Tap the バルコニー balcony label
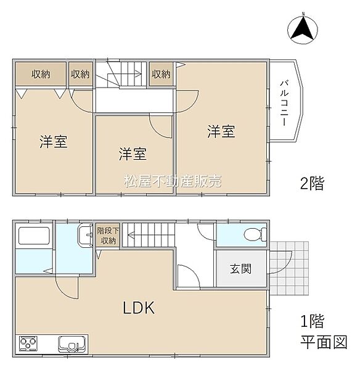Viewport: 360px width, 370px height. tap(285, 102)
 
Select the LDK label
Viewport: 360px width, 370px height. tap(142, 306)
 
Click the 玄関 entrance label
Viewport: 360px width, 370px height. tap(240, 269)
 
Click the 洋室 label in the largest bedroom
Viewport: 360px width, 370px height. tap(221, 131)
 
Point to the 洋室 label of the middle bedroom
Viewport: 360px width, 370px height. tap(133, 154)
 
